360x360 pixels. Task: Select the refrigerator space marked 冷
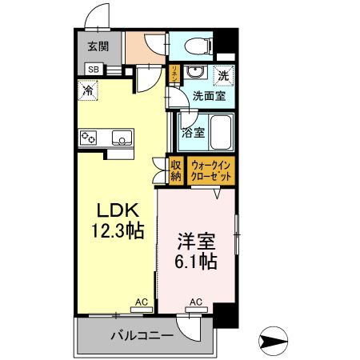pos(87,90)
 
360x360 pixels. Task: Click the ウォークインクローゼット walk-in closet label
pos(211,170)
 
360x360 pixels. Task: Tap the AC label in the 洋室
pos(194,302)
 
